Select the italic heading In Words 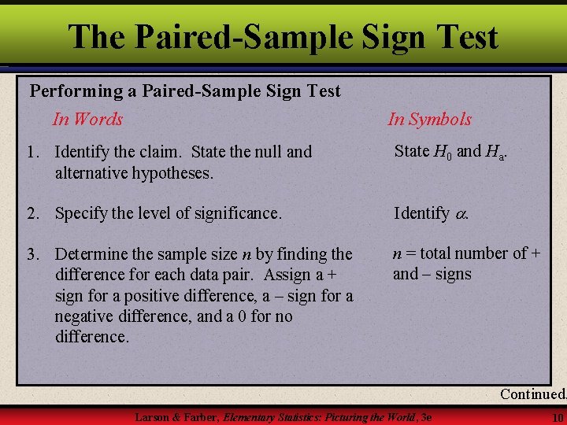click(87, 120)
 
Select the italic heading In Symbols click(429, 120)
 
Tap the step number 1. click(33, 152)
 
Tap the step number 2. click(33, 213)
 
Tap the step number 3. click(33, 255)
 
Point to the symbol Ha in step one click(495, 151)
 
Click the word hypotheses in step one click(174, 173)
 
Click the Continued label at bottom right click(532, 394)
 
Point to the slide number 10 click(558, 417)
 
